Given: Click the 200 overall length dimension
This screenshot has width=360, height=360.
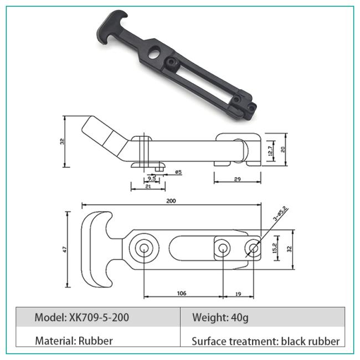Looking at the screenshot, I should tap(171, 201).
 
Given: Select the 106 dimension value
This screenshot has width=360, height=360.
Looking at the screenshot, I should tap(181, 293).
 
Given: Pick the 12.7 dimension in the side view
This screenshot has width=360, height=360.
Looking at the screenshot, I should tap(270, 150).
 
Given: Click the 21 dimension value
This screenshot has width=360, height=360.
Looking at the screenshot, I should tap(147, 187).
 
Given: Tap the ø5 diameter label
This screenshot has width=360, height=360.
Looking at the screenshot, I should tap(178, 172).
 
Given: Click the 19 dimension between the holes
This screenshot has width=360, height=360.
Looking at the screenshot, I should tap(238, 293).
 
